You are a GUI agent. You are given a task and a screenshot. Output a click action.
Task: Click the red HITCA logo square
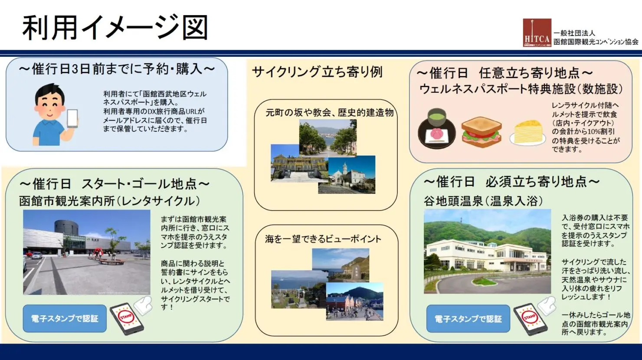click(537, 33)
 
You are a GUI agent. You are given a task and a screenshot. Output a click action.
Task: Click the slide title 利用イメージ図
click(115, 28)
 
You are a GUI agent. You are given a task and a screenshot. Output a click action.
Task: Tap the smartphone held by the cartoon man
click(72, 118)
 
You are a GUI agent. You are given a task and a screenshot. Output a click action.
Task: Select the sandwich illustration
click(481, 132)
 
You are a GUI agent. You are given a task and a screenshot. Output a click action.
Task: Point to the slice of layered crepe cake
click(527, 133)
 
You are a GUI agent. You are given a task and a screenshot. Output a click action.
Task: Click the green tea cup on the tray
click(436, 117)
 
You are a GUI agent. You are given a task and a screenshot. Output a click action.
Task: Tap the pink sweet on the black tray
click(436, 134)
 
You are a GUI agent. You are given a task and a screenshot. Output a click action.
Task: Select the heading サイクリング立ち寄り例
click(317, 72)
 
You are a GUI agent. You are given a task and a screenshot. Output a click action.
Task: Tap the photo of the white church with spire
click(352, 174)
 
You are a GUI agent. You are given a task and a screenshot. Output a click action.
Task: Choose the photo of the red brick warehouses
click(354, 301)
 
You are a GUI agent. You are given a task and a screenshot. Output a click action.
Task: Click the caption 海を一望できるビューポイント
click(323, 239)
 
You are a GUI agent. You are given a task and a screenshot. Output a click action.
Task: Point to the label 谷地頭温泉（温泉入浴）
click(483, 201)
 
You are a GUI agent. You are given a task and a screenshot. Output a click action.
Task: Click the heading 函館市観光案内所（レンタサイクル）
click(109, 201)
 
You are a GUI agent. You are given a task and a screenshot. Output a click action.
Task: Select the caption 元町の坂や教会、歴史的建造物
click(330, 113)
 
